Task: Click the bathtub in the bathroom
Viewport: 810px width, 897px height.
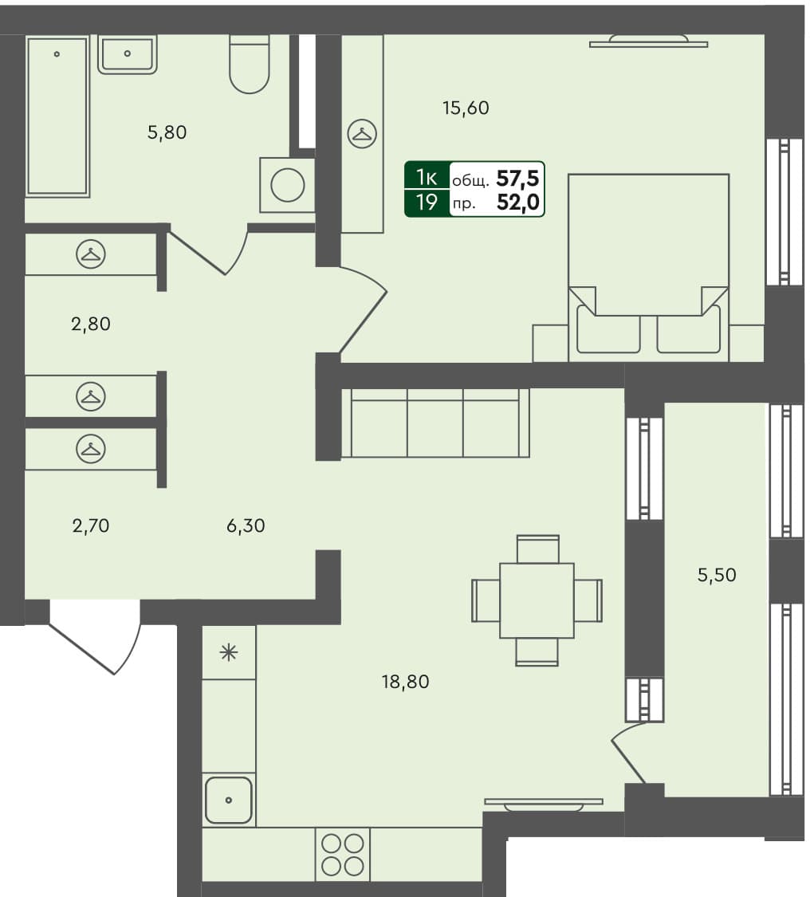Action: [57, 115]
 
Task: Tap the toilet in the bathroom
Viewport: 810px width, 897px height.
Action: [250, 65]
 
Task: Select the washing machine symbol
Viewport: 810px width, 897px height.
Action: [287, 185]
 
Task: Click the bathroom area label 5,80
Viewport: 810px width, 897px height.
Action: [167, 133]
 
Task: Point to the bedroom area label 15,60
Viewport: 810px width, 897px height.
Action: [466, 108]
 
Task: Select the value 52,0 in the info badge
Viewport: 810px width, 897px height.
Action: [517, 203]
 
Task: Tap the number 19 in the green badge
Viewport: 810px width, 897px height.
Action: [427, 203]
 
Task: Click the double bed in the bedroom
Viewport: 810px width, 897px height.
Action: [648, 263]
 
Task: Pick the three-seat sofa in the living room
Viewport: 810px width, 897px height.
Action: [435, 423]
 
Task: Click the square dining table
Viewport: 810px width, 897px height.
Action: [537, 600]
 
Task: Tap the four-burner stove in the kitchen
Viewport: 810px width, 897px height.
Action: [343, 854]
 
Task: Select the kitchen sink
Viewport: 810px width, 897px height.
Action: [229, 799]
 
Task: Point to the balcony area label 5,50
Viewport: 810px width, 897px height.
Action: [717, 575]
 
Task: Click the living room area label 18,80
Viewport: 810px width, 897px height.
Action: [406, 682]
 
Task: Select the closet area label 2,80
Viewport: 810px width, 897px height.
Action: [90, 325]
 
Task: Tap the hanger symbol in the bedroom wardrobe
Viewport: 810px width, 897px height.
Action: [363, 134]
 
